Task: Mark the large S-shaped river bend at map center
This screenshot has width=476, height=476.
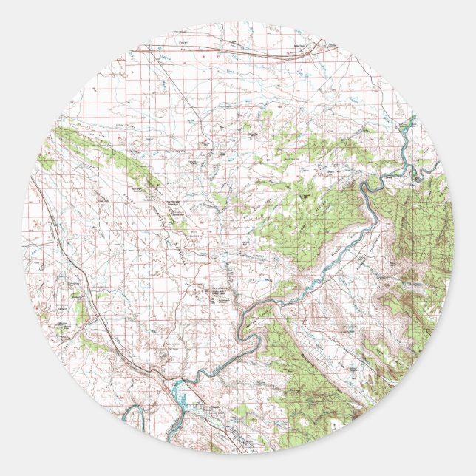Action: (x=255, y=325)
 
